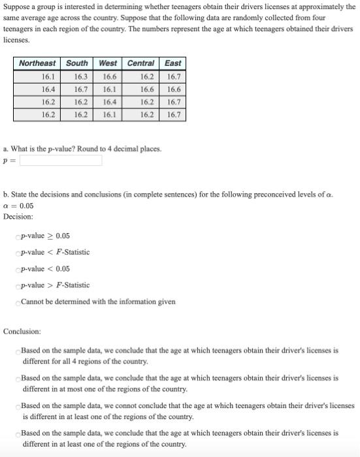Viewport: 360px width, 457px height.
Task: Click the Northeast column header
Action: pos(37,63)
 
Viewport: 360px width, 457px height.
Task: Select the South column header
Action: pos(77,63)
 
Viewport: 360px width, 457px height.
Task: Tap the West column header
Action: pos(108,63)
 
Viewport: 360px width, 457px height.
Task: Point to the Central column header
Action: pos(140,63)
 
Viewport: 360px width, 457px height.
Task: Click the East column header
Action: pos(173,63)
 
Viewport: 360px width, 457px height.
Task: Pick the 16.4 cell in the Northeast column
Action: pos(48,89)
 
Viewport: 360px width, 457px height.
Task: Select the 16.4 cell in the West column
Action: pos(110,102)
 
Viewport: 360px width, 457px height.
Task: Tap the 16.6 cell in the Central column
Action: pos(147,89)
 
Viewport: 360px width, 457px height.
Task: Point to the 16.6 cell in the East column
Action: pos(174,89)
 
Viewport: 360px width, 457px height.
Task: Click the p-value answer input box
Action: pos(60,161)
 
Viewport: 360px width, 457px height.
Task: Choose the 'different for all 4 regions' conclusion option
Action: pos(18,351)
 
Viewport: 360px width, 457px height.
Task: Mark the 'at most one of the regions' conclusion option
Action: pos(18,379)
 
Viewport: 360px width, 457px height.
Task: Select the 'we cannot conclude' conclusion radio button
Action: pos(18,406)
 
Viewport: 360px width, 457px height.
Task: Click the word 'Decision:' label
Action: pos(18,216)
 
